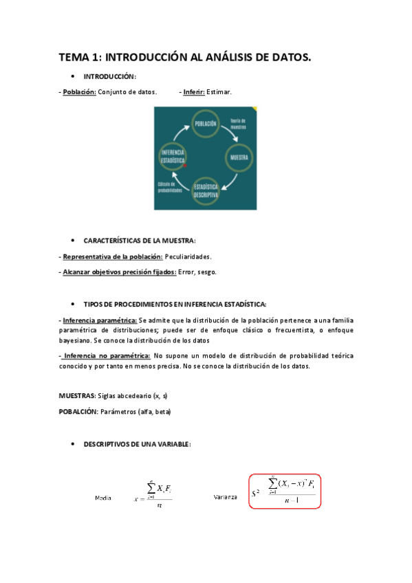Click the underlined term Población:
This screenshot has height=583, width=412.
coord(79,91)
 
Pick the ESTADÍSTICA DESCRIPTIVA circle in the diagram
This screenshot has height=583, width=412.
coord(206,190)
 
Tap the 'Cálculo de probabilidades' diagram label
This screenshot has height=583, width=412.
coord(170,188)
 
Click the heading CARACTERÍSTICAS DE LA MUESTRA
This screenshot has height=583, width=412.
coord(139,241)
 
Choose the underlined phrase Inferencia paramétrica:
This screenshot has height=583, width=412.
coord(99,320)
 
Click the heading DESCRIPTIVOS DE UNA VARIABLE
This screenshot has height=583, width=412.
coord(137,445)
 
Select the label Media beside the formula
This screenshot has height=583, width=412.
coord(102,497)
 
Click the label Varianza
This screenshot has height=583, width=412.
coord(225,496)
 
